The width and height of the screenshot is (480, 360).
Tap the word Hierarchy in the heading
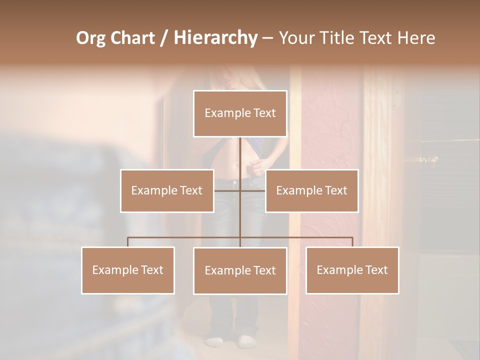pos(215,38)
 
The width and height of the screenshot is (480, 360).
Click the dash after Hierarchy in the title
pos(267,38)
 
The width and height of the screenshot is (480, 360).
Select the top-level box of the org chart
pos(240,113)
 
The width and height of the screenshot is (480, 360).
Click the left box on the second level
pos(167,190)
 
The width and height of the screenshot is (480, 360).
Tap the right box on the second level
pos(311,190)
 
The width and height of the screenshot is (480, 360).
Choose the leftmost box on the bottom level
pos(128,270)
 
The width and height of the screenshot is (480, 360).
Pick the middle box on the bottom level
pos(240,270)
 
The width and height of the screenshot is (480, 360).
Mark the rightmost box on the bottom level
pos(352,270)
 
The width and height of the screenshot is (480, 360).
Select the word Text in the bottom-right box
pos(375,270)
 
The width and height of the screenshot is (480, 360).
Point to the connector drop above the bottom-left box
pos(127,242)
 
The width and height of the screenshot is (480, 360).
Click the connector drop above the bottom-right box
pos(352,242)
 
